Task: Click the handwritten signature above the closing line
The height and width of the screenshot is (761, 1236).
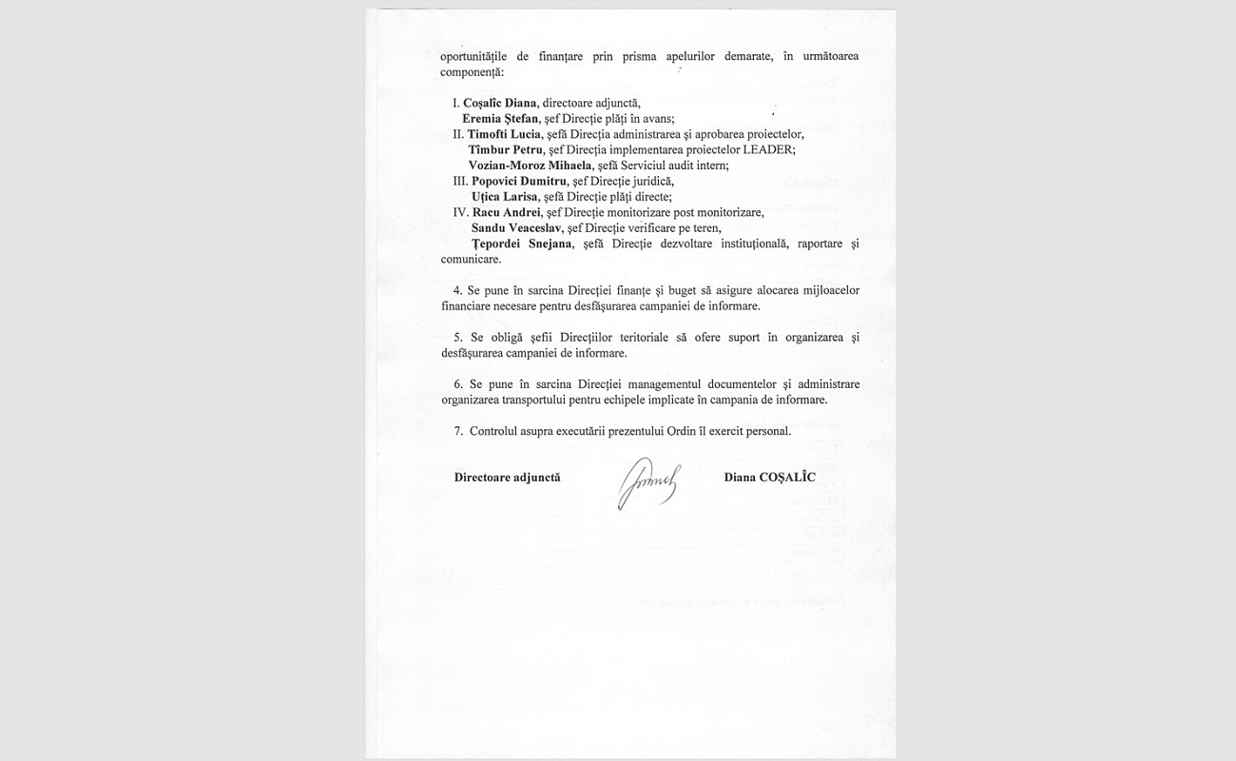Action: click(x=648, y=482)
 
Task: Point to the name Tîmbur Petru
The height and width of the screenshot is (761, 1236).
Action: click(x=506, y=149)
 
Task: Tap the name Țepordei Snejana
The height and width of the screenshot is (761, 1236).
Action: click(x=522, y=244)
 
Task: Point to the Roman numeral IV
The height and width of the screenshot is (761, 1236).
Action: click(x=460, y=212)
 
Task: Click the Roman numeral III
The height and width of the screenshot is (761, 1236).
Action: click(x=459, y=181)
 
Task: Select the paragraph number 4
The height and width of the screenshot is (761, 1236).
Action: click(x=457, y=290)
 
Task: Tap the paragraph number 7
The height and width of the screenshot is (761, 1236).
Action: click(x=457, y=431)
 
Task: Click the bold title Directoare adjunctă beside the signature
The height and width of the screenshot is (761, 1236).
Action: click(x=507, y=478)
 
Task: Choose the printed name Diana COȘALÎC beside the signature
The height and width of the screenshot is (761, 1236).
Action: click(x=769, y=478)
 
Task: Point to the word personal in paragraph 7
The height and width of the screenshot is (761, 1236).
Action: click(x=768, y=431)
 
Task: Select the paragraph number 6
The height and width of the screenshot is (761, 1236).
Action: click(x=457, y=384)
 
